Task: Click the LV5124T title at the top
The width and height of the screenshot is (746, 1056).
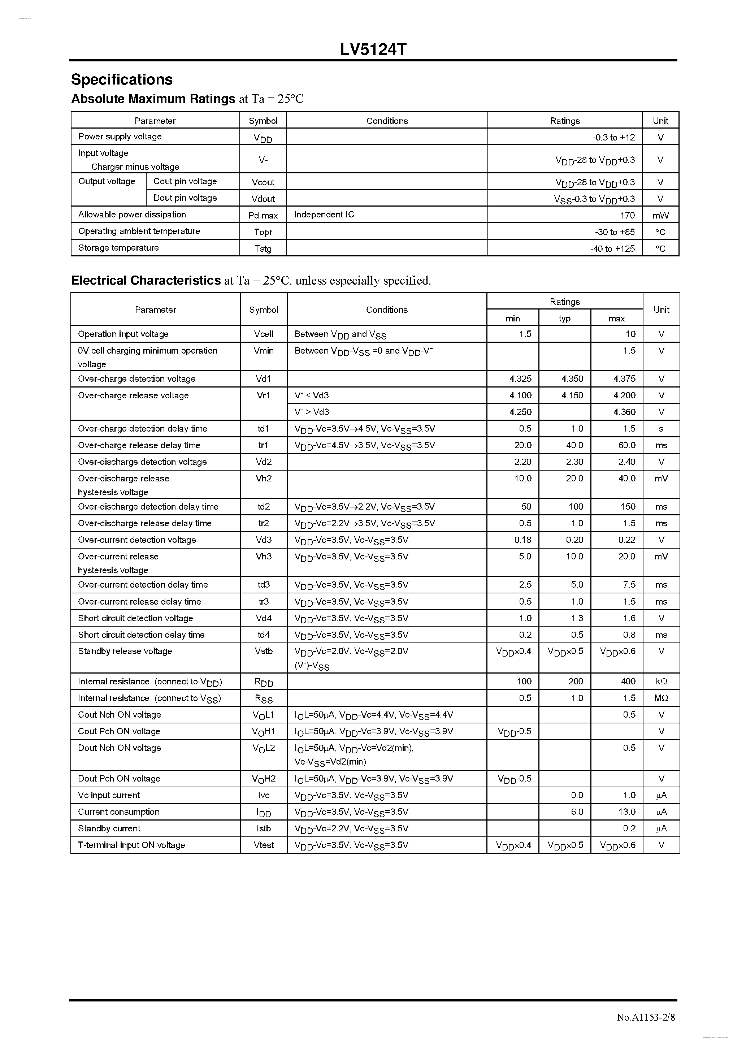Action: (x=373, y=49)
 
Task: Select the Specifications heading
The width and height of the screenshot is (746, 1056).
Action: (x=122, y=79)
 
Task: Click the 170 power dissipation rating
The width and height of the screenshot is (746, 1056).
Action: (x=627, y=215)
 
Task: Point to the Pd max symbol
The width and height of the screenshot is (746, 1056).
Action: (x=263, y=215)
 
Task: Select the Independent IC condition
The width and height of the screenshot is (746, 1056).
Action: (x=324, y=214)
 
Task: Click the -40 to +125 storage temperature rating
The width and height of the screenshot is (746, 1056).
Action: (x=612, y=248)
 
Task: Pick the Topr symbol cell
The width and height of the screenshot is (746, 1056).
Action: (x=263, y=232)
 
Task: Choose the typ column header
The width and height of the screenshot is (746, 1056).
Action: (x=564, y=318)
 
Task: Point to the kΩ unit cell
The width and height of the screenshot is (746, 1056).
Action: (x=661, y=681)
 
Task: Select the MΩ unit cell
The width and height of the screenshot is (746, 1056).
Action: (x=661, y=698)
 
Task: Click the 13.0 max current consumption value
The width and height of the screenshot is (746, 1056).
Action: (x=626, y=812)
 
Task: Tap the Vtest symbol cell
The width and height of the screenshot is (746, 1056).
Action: (x=264, y=845)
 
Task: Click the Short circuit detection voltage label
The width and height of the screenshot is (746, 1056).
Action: (x=135, y=618)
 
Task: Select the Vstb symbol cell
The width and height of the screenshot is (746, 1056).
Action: (x=264, y=651)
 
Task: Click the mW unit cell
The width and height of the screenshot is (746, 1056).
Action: (x=660, y=215)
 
